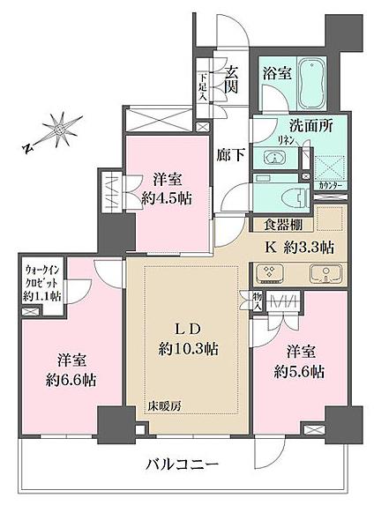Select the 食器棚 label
coord(279,225)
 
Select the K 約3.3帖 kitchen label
coord(300,246)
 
